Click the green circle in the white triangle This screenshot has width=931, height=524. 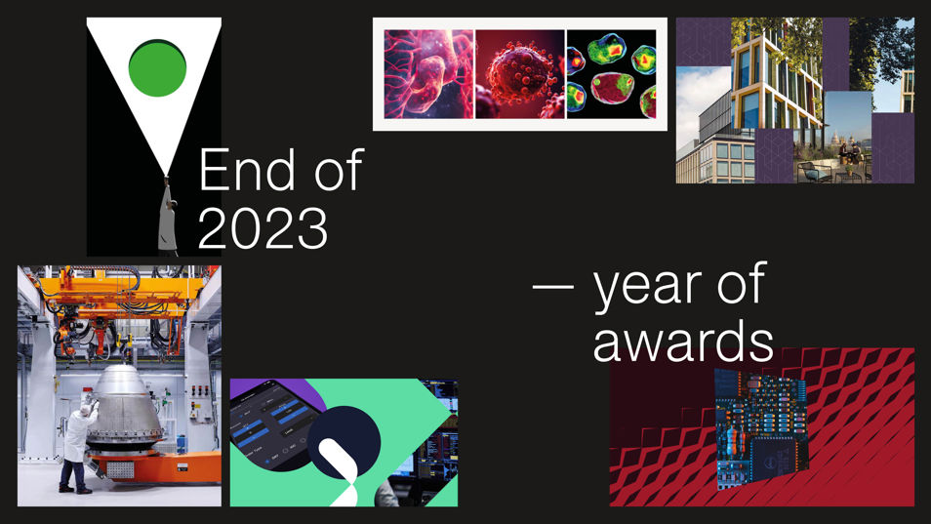[157, 67]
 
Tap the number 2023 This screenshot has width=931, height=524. [263, 228]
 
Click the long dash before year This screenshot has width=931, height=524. [553, 286]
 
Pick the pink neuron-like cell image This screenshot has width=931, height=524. [428, 74]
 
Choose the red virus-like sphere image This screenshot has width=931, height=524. [520, 74]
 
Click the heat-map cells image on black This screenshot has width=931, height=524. [612, 74]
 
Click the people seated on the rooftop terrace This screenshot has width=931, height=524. [849, 154]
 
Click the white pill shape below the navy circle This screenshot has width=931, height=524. [340, 467]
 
